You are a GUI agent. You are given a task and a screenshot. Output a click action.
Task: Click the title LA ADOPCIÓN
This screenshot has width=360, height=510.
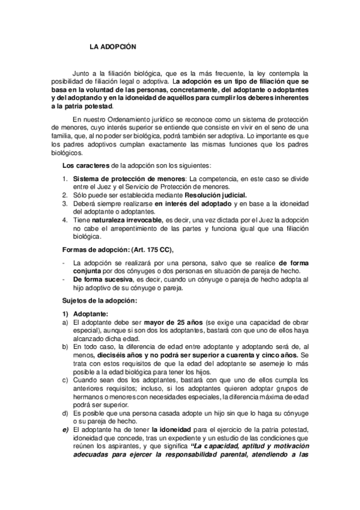pos(114,46)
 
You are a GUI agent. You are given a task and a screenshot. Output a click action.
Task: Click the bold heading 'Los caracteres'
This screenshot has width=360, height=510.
pos(84,165)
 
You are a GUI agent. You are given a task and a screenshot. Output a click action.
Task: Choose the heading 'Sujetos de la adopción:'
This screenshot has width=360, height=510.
pos(100,300)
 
